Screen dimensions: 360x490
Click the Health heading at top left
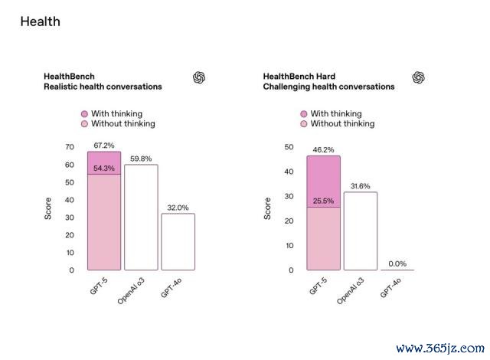(x=40, y=21)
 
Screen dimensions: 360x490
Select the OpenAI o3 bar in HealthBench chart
(x=140, y=218)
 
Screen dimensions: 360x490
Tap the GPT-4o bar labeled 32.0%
(x=178, y=241)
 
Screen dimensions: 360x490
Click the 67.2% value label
(x=103, y=145)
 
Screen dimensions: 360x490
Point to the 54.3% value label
(x=103, y=168)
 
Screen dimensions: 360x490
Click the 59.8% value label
(x=140, y=159)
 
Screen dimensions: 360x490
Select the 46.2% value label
(x=324, y=150)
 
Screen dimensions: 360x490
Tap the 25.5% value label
(x=324, y=201)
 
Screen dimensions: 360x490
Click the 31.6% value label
(x=361, y=186)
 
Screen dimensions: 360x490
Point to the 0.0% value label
(x=397, y=263)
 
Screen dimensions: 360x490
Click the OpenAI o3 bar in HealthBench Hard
(x=361, y=231)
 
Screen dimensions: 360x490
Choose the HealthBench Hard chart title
(x=299, y=77)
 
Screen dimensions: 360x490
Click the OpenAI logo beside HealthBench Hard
(x=418, y=77)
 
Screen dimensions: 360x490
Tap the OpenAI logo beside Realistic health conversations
(x=198, y=77)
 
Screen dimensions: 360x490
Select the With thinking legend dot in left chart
(x=84, y=113)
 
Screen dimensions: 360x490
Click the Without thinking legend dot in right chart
(x=304, y=123)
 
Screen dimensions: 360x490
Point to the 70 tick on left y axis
(x=70, y=147)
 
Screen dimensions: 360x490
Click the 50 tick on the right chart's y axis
(x=289, y=147)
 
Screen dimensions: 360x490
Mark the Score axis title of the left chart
(x=48, y=209)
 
